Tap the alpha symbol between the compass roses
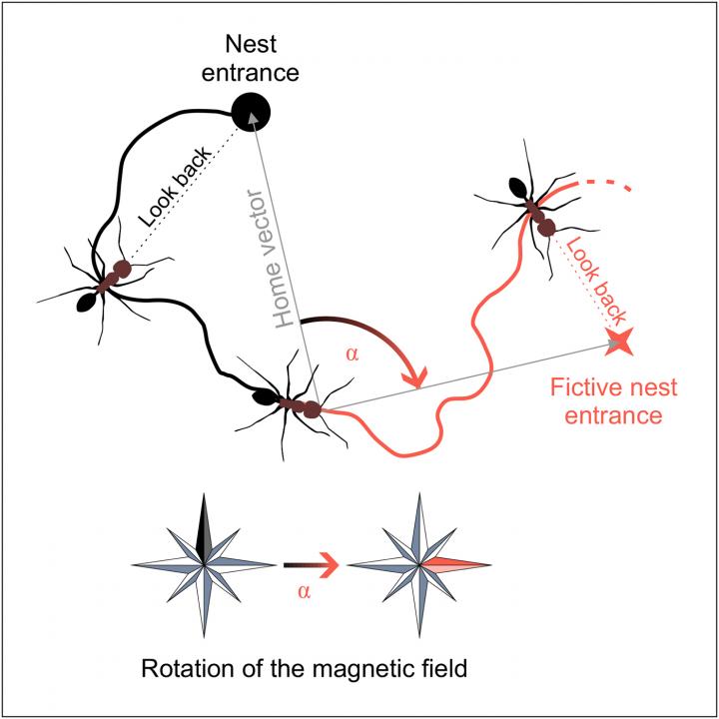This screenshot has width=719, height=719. point(308,591)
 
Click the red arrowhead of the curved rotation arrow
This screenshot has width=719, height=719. point(412,378)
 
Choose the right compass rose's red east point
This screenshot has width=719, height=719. point(459,564)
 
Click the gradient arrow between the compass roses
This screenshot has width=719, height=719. point(311,565)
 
